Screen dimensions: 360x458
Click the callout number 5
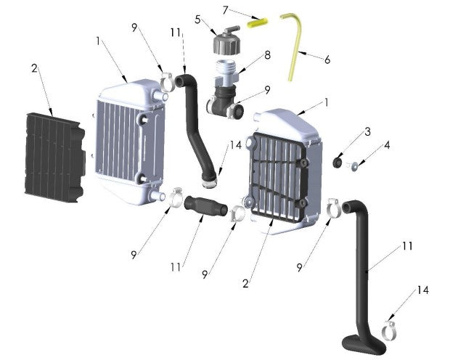197,20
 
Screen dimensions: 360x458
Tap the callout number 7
226,9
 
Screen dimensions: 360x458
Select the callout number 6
327,60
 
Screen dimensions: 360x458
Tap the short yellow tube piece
255,22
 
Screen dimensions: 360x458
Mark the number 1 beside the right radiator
326,103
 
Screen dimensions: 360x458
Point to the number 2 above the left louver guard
33,69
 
